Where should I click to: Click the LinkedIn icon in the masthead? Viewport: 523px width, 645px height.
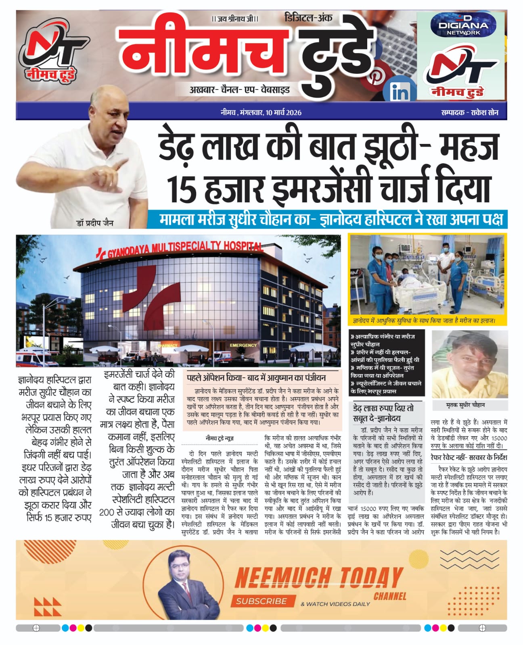coord(400,92)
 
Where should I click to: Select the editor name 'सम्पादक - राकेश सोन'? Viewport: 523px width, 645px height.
coord(469,112)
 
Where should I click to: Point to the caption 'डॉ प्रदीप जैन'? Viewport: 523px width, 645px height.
coord(95,223)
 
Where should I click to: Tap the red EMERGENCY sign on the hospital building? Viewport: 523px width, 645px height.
coord(243,345)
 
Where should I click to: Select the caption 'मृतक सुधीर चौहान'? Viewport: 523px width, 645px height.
coord(465,405)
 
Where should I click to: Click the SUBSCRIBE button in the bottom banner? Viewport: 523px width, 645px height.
coord(261,601)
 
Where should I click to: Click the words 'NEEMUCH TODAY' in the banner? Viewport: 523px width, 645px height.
coord(319,578)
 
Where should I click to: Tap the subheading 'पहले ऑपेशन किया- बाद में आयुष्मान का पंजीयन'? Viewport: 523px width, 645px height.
coord(256,378)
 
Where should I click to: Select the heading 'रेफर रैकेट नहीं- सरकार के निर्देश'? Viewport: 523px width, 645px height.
coord(469,458)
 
